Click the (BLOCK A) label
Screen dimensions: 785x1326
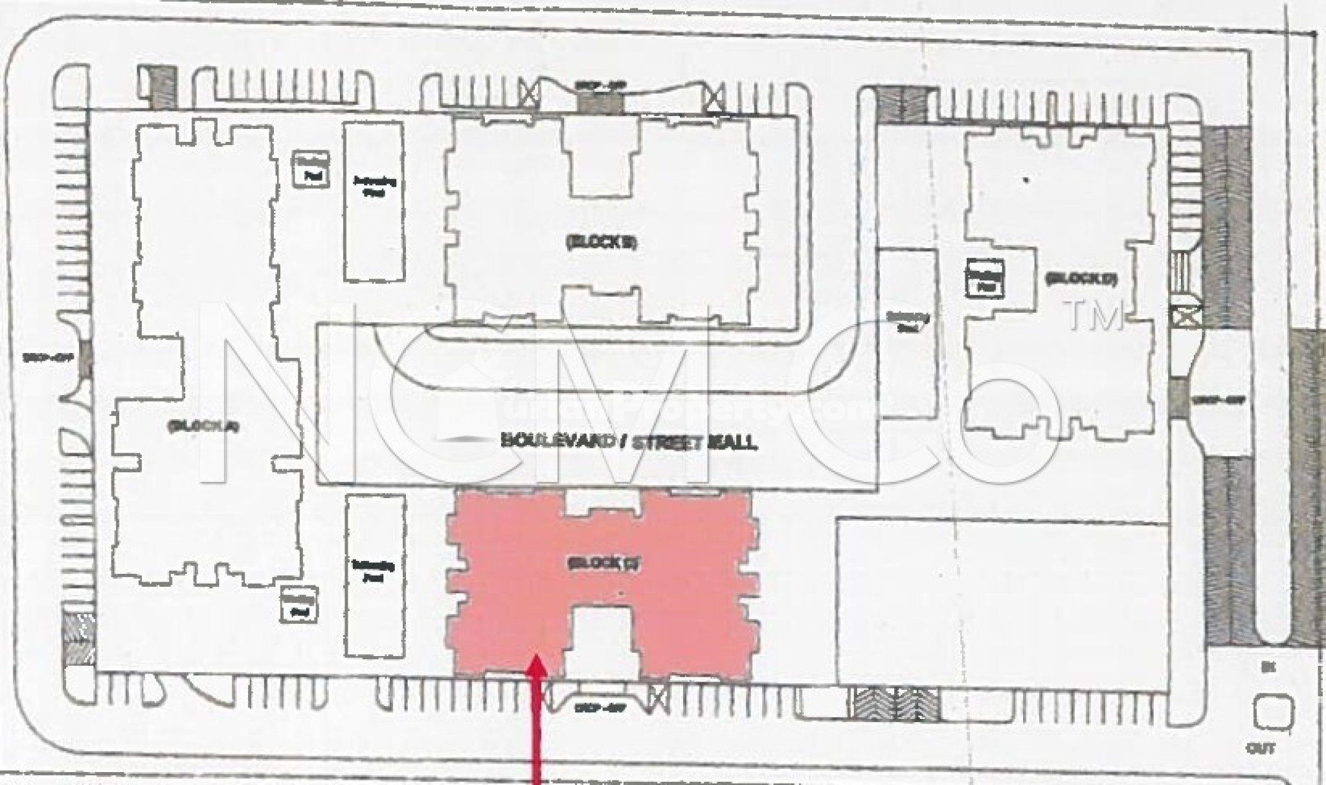click(x=203, y=426)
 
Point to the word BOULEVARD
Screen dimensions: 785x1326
click(x=557, y=442)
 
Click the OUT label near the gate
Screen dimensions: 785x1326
click(x=1261, y=749)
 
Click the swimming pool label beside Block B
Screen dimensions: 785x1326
click(x=374, y=187)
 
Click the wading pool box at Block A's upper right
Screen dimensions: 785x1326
click(x=311, y=170)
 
